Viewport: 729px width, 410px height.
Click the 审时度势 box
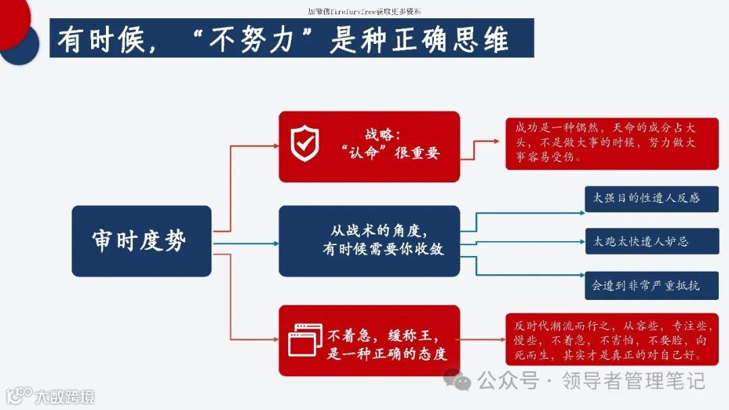(141, 241)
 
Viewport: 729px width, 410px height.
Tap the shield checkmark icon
(304, 144)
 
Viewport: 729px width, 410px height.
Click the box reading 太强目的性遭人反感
(651, 199)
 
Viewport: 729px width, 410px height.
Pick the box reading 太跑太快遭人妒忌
(651, 241)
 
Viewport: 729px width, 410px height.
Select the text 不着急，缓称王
(383, 335)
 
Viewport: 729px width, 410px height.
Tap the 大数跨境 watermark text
(65, 396)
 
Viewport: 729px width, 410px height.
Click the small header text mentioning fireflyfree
(364, 11)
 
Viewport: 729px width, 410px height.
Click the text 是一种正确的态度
(387, 354)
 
